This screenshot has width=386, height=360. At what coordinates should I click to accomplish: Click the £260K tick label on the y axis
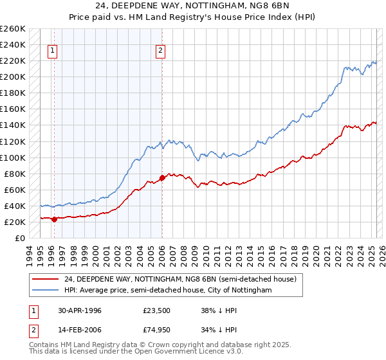tap(12, 29)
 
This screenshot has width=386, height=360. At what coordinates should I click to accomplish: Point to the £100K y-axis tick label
tap(12, 157)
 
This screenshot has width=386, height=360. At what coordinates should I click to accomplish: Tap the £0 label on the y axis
tap(19, 238)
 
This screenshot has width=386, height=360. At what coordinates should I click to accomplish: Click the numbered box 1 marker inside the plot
tap(51, 53)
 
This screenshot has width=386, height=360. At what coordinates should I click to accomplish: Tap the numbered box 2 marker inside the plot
tap(160, 53)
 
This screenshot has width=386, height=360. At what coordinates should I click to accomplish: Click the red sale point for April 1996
tap(55, 219)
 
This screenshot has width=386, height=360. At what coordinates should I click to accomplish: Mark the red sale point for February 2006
tap(162, 177)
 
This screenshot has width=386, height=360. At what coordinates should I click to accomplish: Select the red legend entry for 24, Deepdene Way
tap(179, 280)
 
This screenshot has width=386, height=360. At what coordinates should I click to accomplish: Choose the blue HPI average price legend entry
tap(168, 291)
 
